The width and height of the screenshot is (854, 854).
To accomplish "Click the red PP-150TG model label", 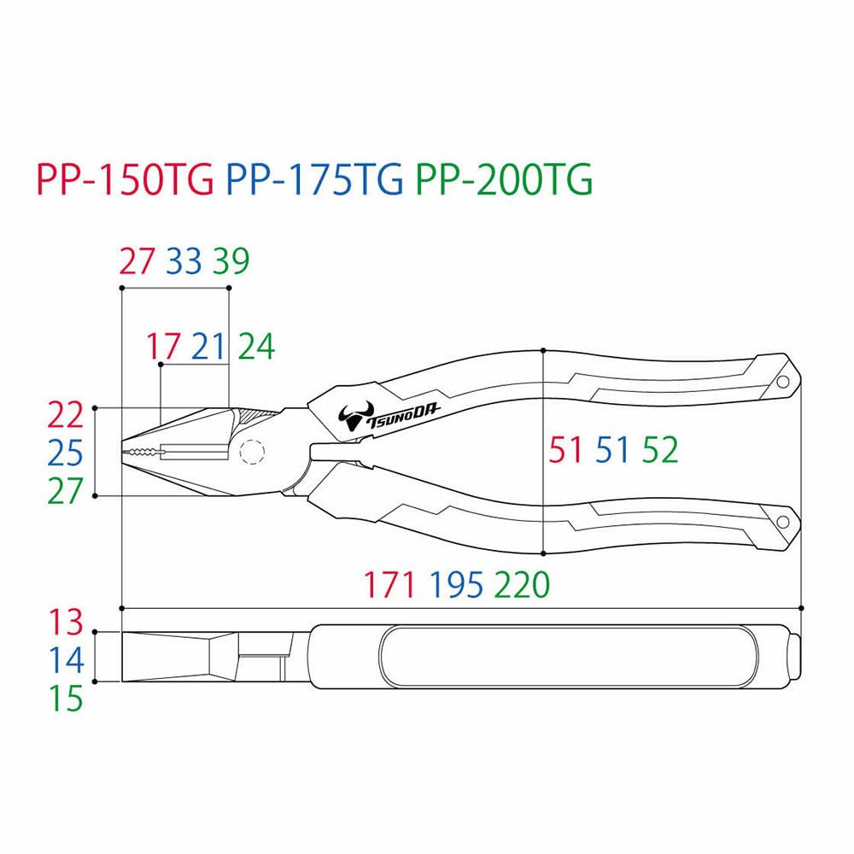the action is pos(125,179).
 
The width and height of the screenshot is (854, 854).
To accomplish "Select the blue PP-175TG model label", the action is pos(314,179).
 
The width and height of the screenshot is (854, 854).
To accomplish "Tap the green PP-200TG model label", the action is pos(504,179).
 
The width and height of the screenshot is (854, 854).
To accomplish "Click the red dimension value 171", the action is pos(389,585).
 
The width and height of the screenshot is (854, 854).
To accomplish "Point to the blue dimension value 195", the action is pos(456,585).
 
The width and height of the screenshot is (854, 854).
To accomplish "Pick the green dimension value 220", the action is pos(523,585).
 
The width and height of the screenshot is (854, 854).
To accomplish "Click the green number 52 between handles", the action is pos(660,450).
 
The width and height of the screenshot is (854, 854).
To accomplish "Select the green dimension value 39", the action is pos(231,260).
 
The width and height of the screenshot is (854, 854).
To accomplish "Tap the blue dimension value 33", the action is pos(184,260).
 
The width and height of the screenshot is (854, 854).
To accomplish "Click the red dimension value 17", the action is pos(163,347).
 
